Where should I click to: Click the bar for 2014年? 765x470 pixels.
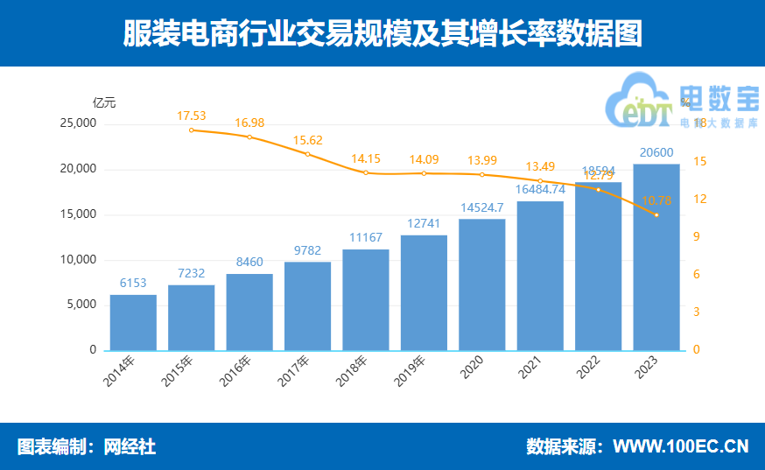(133, 322)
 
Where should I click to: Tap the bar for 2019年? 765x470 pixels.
(424, 292)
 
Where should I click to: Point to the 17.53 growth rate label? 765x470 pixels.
(191, 116)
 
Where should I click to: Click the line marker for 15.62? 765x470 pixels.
(307, 154)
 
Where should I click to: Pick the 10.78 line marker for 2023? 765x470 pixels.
(656, 215)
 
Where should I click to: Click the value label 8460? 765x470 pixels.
(249, 261)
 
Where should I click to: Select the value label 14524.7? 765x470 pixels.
(481, 207)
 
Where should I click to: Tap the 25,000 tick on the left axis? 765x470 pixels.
(80, 123)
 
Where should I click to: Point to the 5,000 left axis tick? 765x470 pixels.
(82, 305)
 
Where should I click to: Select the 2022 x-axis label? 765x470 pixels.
(588, 369)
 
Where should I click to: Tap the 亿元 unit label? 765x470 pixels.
(104, 102)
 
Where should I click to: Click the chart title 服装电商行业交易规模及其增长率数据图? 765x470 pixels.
(382, 33)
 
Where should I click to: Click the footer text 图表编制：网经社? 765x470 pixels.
(87, 446)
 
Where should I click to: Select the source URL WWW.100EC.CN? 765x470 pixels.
(680, 446)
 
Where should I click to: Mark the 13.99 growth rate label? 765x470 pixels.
(481, 160)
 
